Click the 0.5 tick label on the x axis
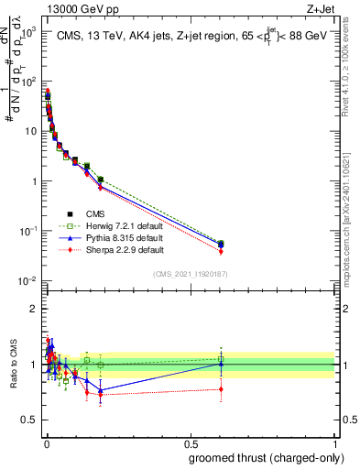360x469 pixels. (191, 443)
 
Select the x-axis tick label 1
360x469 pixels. (335, 443)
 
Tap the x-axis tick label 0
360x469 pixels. (45, 443)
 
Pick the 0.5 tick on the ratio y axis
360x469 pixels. (31, 420)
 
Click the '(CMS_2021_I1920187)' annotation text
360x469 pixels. (190, 274)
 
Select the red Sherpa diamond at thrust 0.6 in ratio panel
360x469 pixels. (221, 389)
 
